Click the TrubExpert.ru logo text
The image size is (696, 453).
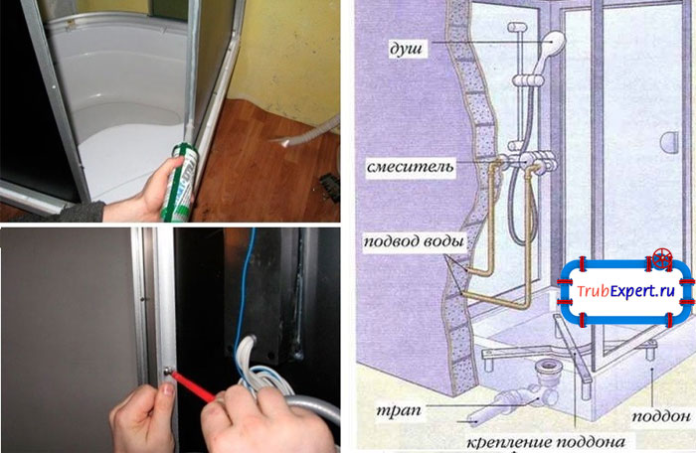[632, 291]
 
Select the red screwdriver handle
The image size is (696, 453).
[197, 358]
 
